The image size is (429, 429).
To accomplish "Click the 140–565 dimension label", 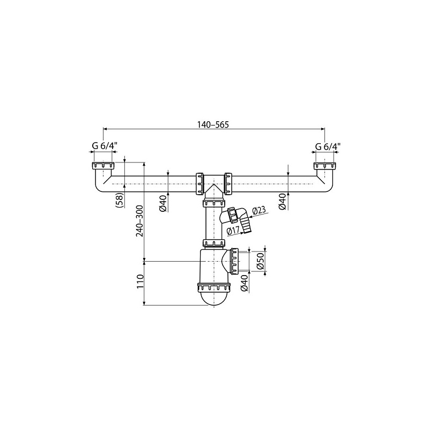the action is (x=213, y=125).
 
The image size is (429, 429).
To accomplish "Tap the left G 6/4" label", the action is (x=105, y=146).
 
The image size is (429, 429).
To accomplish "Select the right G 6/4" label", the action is (x=328, y=146).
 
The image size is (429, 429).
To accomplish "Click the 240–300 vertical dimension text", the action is (x=140, y=221).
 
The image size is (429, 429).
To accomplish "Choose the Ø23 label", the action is (x=258, y=211).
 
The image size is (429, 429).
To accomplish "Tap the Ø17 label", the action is (x=233, y=231).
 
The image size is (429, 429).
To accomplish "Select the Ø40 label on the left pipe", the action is (x=162, y=205).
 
